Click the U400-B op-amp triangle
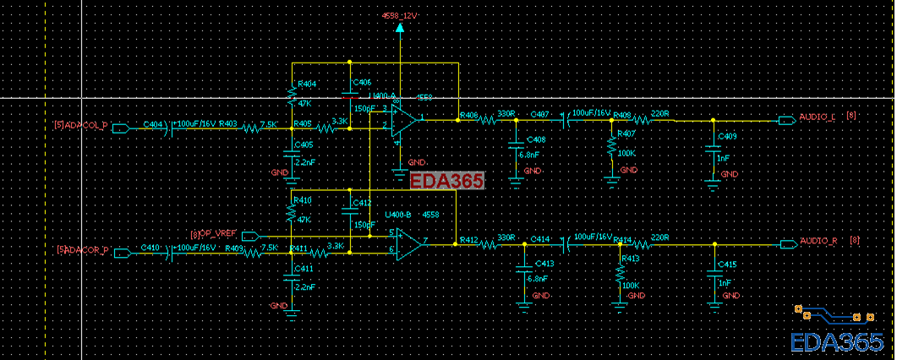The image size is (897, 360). pos(410,244)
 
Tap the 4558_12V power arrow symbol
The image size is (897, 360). pos(400,29)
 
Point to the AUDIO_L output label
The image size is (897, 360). pos(817,117)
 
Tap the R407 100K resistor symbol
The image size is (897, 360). pos(611,146)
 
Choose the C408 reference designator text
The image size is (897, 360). pos(535,139)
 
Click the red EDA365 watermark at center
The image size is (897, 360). pos(446,180)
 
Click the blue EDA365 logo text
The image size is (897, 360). pos(837,341)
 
